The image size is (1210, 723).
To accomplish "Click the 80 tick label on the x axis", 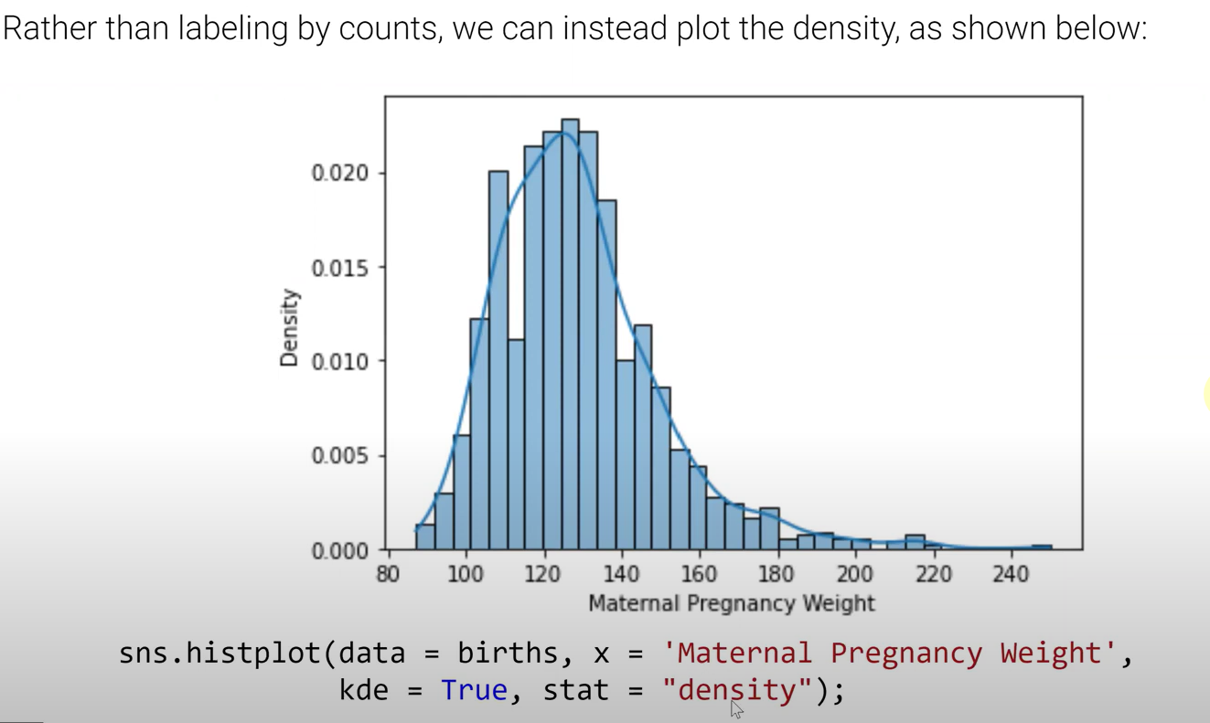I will [389, 574].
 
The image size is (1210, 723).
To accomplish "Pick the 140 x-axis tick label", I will [622, 574].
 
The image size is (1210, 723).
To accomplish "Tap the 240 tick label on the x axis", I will [1011, 574].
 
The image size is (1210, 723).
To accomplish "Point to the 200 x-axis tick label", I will [855, 574].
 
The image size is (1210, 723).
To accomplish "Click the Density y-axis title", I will [290, 328].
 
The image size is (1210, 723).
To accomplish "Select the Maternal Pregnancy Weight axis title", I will [732, 603].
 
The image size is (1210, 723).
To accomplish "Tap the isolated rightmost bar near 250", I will [1042, 547].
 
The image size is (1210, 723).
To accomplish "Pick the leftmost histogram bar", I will [425, 537].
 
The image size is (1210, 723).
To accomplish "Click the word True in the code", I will [474, 689].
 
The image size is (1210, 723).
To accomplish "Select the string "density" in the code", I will [737, 689].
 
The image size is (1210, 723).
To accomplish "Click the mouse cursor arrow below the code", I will [736, 709].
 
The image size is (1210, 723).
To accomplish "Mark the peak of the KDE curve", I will [562, 133].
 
